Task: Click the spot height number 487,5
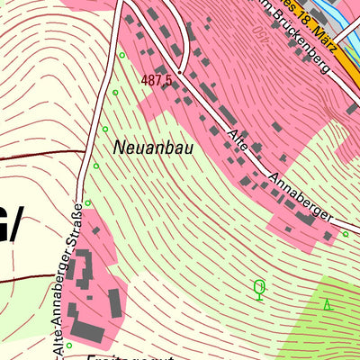156,80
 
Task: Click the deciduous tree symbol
259,289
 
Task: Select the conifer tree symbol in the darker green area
328,305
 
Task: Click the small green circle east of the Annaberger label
345,234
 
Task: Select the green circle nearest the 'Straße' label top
87,202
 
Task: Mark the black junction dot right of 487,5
180,71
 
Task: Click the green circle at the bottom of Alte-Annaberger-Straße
68,345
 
